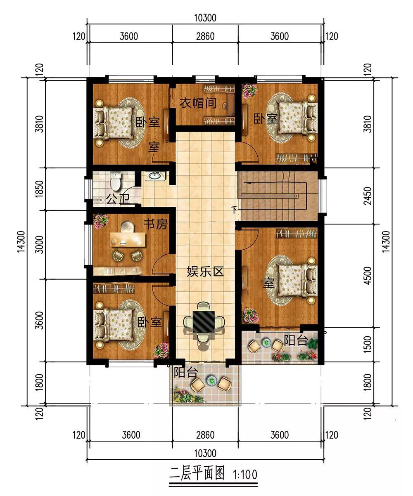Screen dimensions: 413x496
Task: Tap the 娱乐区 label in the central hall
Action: [x=205, y=271]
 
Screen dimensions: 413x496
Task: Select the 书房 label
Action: [x=156, y=224]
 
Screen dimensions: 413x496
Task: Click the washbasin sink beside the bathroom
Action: [x=155, y=176]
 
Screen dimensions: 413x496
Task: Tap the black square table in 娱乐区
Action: [x=203, y=321]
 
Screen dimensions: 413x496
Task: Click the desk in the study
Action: [x=128, y=239]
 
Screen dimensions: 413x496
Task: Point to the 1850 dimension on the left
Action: [x=40, y=189]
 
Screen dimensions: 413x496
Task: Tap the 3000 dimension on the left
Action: [x=40, y=245]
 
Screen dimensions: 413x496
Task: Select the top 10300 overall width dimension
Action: [x=205, y=18]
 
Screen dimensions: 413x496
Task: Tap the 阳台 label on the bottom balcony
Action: [x=186, y=373]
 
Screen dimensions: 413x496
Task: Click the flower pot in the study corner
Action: [x=101, y=222]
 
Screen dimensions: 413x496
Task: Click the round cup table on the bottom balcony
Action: [x=211, y=380]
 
